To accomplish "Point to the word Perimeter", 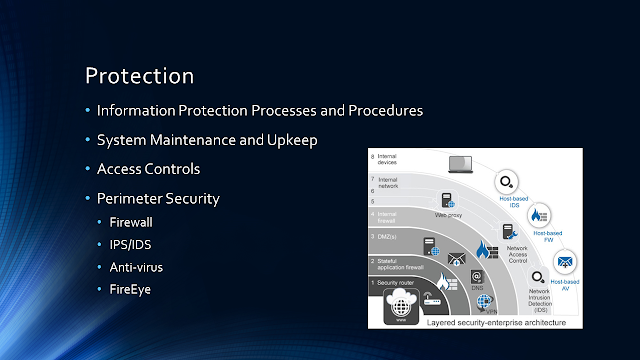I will tap(132, 198).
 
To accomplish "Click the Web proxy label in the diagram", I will tap(448, 214).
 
